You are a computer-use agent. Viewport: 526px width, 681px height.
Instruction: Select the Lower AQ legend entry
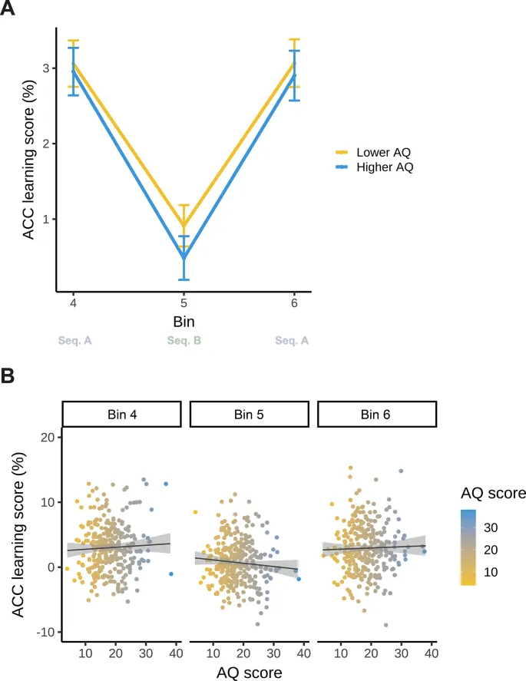tap(383, 152)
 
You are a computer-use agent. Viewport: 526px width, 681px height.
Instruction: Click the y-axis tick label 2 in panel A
tap(45, 144)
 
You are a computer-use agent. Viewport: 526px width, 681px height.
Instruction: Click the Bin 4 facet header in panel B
tap(121, 414)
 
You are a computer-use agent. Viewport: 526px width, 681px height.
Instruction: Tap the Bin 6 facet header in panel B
tap(375, 414)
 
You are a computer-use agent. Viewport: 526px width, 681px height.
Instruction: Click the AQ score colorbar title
tap(492, 494)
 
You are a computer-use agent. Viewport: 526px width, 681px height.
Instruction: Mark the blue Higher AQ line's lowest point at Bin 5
tap(184, 258)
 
